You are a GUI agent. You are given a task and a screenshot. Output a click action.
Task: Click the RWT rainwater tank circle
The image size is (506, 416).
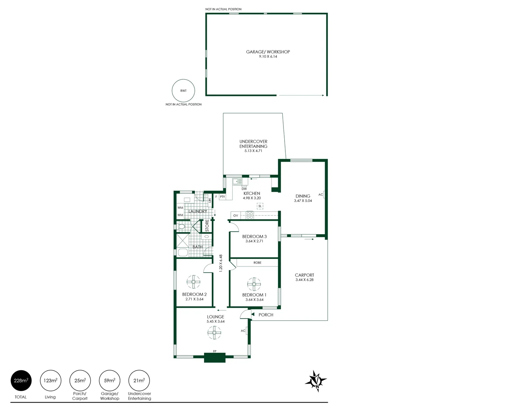point(183,91)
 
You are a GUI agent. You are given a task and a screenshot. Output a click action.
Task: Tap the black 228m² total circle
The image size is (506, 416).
point(21,381)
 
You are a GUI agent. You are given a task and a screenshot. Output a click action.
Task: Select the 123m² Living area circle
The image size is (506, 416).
point(50,381)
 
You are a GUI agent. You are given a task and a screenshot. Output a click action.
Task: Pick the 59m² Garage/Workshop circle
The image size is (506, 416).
point(110,381)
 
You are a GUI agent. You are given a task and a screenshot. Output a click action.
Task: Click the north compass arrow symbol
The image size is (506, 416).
point(316,381)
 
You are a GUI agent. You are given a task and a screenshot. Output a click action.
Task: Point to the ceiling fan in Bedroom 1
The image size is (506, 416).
point(254,284)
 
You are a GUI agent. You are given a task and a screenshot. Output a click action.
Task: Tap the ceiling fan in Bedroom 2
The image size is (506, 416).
point(193,282)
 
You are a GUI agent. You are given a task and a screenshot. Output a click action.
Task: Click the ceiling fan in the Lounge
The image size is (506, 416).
point(214,333)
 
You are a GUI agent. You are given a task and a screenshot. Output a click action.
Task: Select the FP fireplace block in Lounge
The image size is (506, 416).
point(214,357)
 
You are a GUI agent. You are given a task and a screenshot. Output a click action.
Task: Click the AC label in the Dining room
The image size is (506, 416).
point(320,195)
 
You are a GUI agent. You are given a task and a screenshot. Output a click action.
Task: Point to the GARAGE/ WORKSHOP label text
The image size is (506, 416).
point(268,52)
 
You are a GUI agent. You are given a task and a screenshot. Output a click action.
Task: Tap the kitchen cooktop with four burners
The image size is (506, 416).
point(250,215)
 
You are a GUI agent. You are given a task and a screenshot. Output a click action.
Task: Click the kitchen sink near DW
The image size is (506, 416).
point(237,181)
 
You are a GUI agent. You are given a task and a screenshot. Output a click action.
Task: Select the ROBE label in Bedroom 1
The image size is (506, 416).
point(257,263)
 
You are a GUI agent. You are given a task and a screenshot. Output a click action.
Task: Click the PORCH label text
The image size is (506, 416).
point(266,315)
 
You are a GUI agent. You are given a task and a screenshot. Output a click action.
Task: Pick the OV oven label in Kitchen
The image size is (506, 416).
point(236,216)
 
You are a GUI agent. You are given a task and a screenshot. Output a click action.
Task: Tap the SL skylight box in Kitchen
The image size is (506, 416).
point(260,206)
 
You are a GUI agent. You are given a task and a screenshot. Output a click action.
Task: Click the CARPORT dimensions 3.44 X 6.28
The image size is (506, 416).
point(304,280)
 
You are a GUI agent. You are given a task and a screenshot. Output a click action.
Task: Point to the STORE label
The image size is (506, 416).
point(207,226)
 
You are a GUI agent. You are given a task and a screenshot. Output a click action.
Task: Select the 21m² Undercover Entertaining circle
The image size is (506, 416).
point(139,381)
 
